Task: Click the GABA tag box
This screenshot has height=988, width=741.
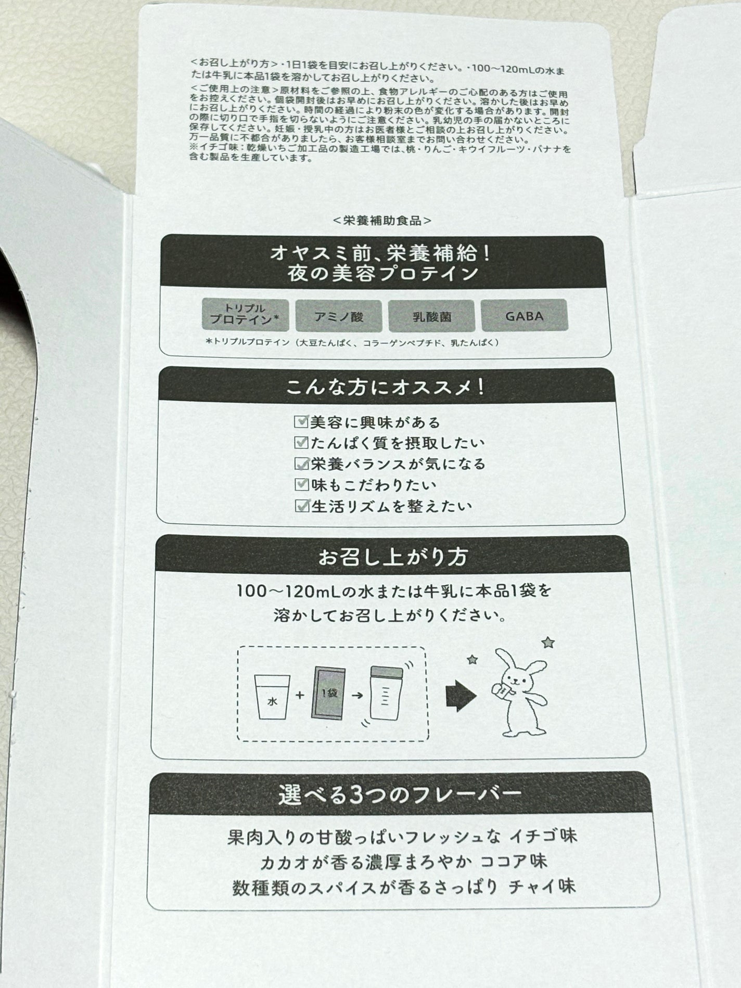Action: tap(524, 315)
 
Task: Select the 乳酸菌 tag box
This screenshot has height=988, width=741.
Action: tap(431, 315)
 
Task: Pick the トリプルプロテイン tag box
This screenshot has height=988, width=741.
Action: tap(245, 315)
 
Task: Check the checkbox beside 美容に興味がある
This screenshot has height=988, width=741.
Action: tap(301, 421)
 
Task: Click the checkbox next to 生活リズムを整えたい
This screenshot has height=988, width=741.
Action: tap(301, 506)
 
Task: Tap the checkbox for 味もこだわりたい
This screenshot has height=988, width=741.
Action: tap(301, 484)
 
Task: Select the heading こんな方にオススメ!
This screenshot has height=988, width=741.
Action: tap(386, 388)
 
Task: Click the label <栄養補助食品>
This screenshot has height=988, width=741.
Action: tap(382, 221)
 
